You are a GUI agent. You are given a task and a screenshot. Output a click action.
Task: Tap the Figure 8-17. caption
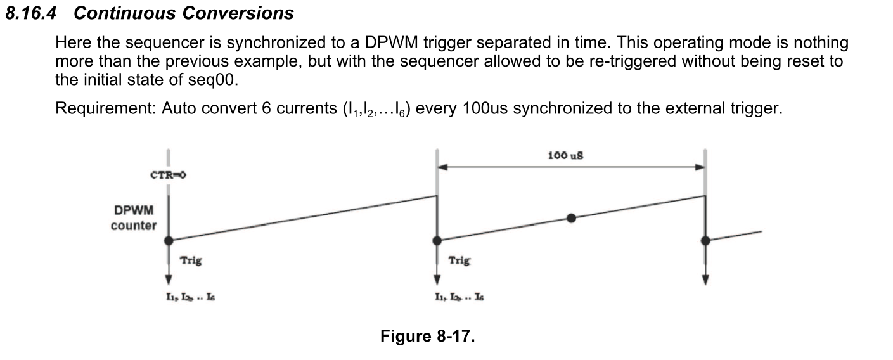point(427,336)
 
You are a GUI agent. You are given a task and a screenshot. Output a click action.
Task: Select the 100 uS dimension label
point(565,155)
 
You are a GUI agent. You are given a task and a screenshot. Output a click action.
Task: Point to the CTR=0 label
point(168,176)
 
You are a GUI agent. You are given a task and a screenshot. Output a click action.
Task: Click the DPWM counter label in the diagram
point(133,217)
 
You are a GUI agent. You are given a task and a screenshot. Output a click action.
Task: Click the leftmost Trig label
point(191,260)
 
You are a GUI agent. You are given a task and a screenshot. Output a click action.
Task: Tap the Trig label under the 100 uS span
point(459,260)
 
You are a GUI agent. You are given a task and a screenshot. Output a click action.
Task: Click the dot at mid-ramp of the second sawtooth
point(571,218)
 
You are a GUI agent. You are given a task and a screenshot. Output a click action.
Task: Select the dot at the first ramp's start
point(169,240)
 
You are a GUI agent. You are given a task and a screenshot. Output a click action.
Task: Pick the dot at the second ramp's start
point(437,240)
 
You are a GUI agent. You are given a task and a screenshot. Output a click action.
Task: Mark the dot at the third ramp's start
point(705,240)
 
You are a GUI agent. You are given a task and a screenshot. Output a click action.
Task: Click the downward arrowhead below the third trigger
point(705,280)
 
